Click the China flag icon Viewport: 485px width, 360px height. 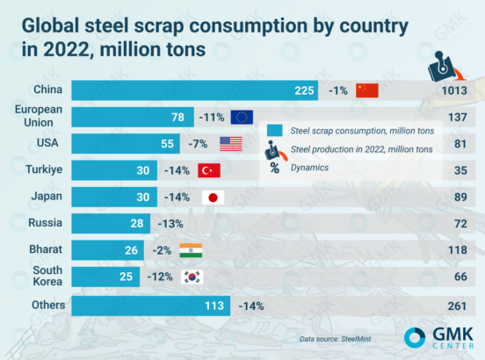click(366, 90)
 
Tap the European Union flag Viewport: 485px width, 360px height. click(242, 117)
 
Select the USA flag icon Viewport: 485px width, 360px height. click(230, 144)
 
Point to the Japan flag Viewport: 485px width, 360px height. click(212, 198)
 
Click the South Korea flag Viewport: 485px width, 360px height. click(191, 278)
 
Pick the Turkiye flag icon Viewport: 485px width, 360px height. click(209, 170)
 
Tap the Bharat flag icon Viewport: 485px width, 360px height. click(190, 251)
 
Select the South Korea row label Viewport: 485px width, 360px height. click(44, 278)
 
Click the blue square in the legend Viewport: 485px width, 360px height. click(274, 130)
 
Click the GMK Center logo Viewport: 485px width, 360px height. click(439, 338)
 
